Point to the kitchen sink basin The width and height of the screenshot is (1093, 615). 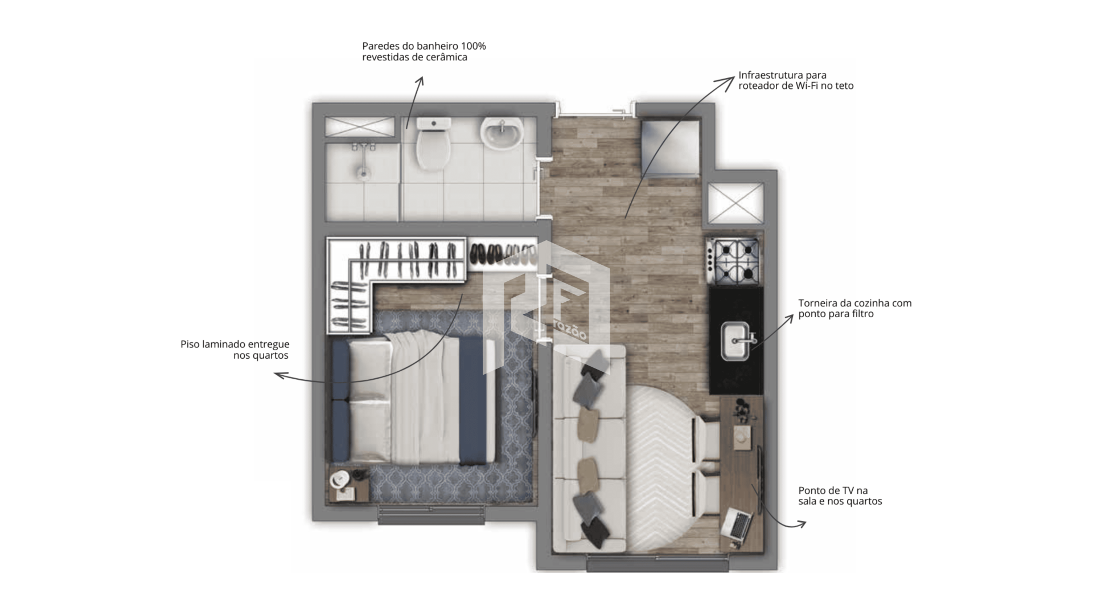coord(735,341)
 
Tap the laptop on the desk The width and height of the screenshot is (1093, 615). coord(737,524)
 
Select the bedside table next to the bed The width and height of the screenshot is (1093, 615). coord(349,485)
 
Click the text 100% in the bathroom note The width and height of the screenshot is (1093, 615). coord(474,46)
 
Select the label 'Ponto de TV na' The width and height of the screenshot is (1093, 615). coord(833,490)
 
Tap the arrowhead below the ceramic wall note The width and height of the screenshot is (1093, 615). coord(420,82)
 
